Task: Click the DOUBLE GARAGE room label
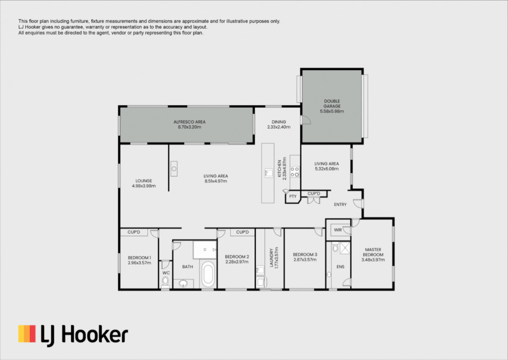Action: click(x=332, y=103)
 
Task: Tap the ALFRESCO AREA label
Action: click(x=190, y=122)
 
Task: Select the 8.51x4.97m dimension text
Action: click(x=216, y=181)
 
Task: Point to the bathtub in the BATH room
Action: click(x=208, y=275)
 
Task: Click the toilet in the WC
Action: click(x=166, y=282)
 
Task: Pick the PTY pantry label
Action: click(x=293, y=196)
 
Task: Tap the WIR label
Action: click(x=337, y=230)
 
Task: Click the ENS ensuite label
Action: click(x=340, y=267)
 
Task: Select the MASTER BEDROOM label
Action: click(x=373, y=252)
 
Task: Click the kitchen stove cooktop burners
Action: click(x=295, y=172)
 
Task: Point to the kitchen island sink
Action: click(x=268, y=173)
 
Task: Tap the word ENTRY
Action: click(x=340, y=204)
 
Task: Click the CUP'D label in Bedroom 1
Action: click(x=134, y=232)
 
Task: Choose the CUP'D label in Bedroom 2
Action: click(x=242, y=232)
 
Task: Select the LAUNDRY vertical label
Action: click(x=271, y=258)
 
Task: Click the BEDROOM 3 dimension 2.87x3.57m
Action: click(x=305, y=260)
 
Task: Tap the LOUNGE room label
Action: click(x=144, y=181)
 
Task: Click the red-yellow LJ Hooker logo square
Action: click(x=27, y=334)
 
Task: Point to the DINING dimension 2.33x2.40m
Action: click(x=279, y=127)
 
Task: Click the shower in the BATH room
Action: click(x=204, y=250)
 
